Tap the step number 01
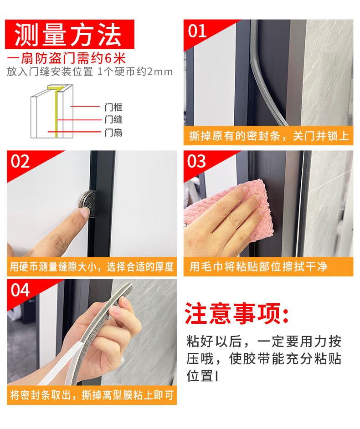click(197, 31)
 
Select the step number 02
click(20, 161)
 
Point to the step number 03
click(196, 161)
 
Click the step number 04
click(20, 290)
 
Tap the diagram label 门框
click(113, 107)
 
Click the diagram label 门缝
click(113, 120)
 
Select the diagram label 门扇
click(113, 133)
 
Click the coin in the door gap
click(88, 204)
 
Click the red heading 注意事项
click(237, 313)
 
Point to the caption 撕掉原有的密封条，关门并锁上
click(269, 136)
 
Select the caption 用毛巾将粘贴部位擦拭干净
click(258, 266)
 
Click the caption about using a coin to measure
click(92, 266)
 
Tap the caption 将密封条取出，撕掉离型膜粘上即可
click(92, 395)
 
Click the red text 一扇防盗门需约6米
click(66, 58)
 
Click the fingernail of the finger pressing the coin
click(85, 212)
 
